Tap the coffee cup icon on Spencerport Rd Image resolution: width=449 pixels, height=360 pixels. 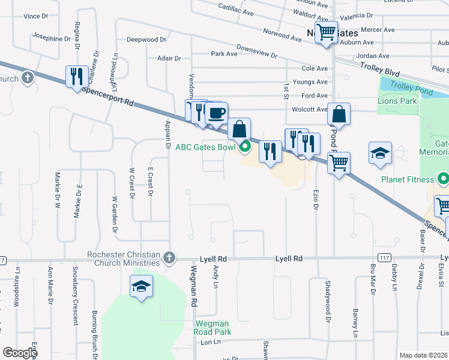click(216, 112)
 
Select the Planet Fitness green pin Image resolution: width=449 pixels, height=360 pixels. click(444, 179)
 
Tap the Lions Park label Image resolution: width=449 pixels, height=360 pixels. click(397, 101)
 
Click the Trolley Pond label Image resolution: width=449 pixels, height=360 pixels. click(407, 85)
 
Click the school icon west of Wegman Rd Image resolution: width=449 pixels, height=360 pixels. click(141, 287)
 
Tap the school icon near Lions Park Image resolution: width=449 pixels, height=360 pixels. click(381, 153)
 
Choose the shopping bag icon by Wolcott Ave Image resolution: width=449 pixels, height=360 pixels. click(339, 114)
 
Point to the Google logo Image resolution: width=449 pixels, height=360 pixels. click(20, 353)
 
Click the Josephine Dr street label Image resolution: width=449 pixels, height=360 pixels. click(52, 38)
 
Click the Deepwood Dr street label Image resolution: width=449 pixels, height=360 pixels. click(146, 40)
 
